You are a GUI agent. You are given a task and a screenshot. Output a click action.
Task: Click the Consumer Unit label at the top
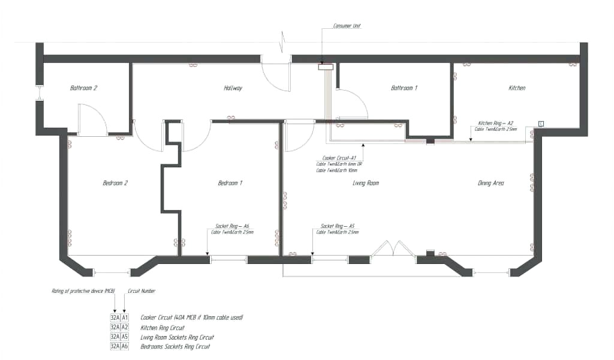(x=347, y=26)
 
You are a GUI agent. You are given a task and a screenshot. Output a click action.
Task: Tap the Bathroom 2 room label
(x=83, y=88)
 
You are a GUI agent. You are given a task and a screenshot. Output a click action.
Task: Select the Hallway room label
(x=233, y=88)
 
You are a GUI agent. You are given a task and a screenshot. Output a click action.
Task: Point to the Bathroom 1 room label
(x=404, y=88)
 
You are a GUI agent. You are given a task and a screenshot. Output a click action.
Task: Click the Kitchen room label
(x=517, y=88)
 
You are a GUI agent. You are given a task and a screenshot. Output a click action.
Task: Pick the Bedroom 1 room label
(x=230, y=183)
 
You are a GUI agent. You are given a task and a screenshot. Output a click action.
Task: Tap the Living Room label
(x=366, y=183)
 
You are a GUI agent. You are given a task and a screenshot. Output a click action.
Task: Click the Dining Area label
(x=490, y=183)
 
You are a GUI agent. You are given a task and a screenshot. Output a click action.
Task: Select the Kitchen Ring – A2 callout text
(x=495, y=122)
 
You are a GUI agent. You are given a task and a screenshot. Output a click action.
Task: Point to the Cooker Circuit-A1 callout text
(x=339, y=157)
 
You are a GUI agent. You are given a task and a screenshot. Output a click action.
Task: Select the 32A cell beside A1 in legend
(x=115, y=317)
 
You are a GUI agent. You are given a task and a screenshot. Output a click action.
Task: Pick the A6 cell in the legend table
(x=125, y=346)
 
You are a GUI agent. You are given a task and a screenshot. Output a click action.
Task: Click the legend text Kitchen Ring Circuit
(x=162, y=328)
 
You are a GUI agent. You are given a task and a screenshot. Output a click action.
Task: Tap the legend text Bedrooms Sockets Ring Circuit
(x=175, y=346)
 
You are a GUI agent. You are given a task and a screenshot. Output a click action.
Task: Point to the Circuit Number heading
(x=142, y=291)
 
